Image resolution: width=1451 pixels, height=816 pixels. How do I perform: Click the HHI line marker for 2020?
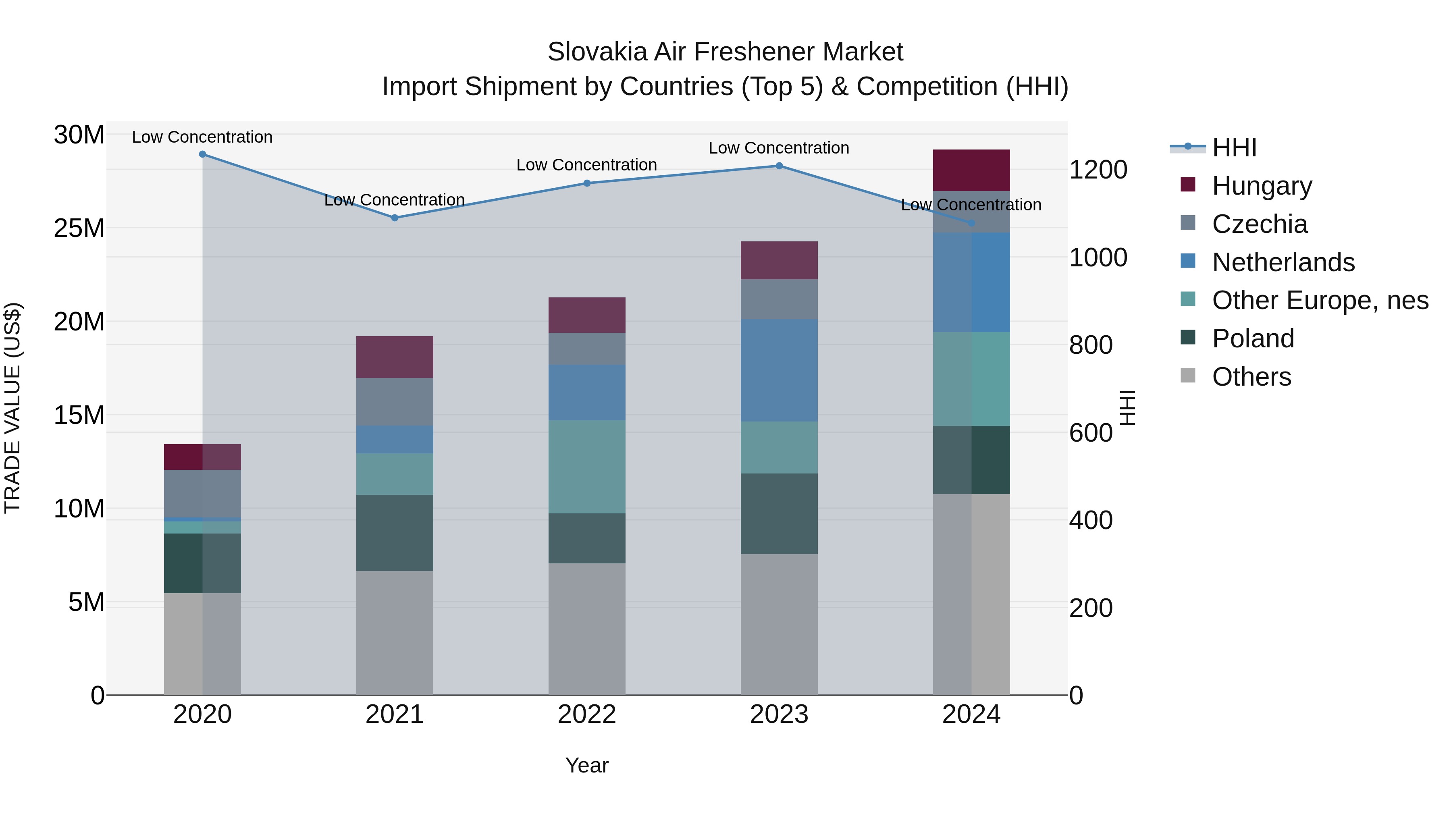tap(202, 154)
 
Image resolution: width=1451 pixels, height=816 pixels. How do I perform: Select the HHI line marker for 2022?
tap(587, 183)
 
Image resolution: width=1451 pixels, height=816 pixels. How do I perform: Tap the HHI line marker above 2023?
tap(779, 166)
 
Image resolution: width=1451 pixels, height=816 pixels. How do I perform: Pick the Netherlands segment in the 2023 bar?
tap(779, 370)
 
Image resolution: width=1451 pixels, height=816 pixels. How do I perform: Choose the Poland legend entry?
tap(1253, 338)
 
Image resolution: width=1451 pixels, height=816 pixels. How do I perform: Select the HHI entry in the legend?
tap(1234, 147)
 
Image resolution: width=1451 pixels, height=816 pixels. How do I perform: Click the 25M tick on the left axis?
tap(79, 228)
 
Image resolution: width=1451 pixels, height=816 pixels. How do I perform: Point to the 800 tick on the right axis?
tap(1091, 345)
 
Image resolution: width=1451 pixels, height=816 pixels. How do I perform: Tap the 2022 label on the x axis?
tap(587, 714)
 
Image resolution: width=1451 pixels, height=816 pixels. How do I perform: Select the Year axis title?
tap(587, 765)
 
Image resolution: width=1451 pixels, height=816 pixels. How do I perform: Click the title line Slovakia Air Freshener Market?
tap(725, 52)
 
